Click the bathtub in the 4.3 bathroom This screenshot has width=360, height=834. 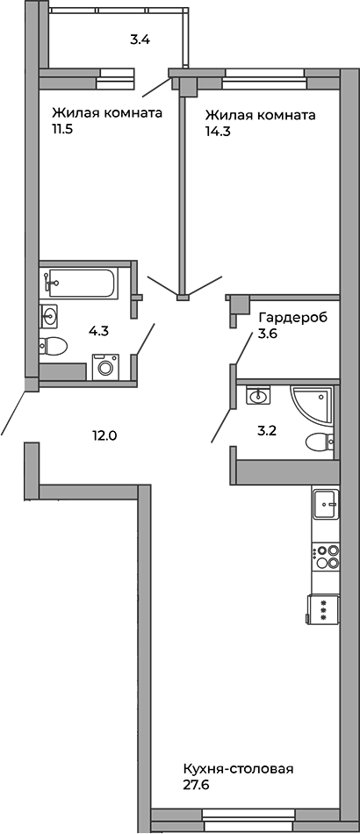tap(80, 284)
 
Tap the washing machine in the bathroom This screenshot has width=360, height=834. tap(105, 367)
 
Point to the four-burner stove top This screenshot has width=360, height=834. tap(326, 557)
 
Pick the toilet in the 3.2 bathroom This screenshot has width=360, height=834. tap(320, 442)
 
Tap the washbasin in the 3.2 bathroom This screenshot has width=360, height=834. tap(258, 395)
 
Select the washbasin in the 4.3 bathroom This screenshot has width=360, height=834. tap(49, 317)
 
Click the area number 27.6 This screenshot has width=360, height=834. tap(195, 785)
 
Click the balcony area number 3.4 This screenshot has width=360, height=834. tap(140, 40)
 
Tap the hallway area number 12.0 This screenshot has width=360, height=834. tap(104, 435)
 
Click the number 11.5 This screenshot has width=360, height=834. tap(61, 130)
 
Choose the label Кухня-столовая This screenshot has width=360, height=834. tap(238, 770)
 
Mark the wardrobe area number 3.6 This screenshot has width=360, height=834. tap(269, 334)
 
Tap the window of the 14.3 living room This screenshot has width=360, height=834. tap(263, 79)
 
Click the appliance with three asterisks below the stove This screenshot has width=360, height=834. tap(323, 608)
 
